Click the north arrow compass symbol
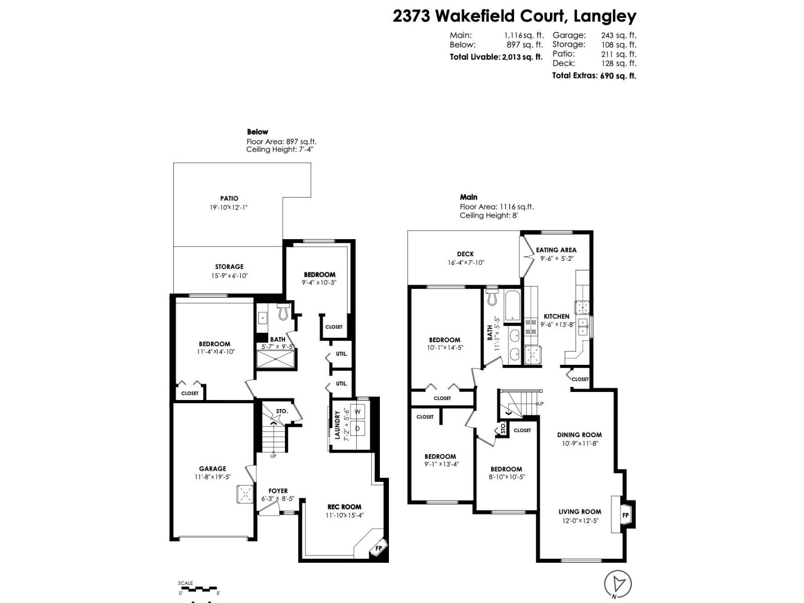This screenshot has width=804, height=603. pos(618,584)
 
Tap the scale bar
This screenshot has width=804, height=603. pos(198,588)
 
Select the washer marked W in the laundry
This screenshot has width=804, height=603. pos(358,412)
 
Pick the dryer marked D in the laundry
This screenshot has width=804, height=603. pos(358,429)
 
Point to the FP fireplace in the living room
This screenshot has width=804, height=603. pos(626,515)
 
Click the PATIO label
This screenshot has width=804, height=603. pos(229,198)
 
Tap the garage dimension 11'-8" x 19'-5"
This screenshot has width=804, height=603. pos(213,477)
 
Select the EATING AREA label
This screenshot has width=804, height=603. pos(556,250)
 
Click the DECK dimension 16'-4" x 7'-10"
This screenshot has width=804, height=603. pos(465,262)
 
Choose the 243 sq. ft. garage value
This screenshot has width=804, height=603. pos(619,35)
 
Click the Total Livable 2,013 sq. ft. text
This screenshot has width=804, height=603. pos(496,57)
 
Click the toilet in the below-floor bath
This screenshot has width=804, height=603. pos(282,312)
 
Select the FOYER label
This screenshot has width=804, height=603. pos(278,491)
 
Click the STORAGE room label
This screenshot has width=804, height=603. pos(229,267)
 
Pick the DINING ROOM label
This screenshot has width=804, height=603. pos(579,435)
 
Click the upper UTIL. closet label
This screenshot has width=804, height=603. pos(341,354)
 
